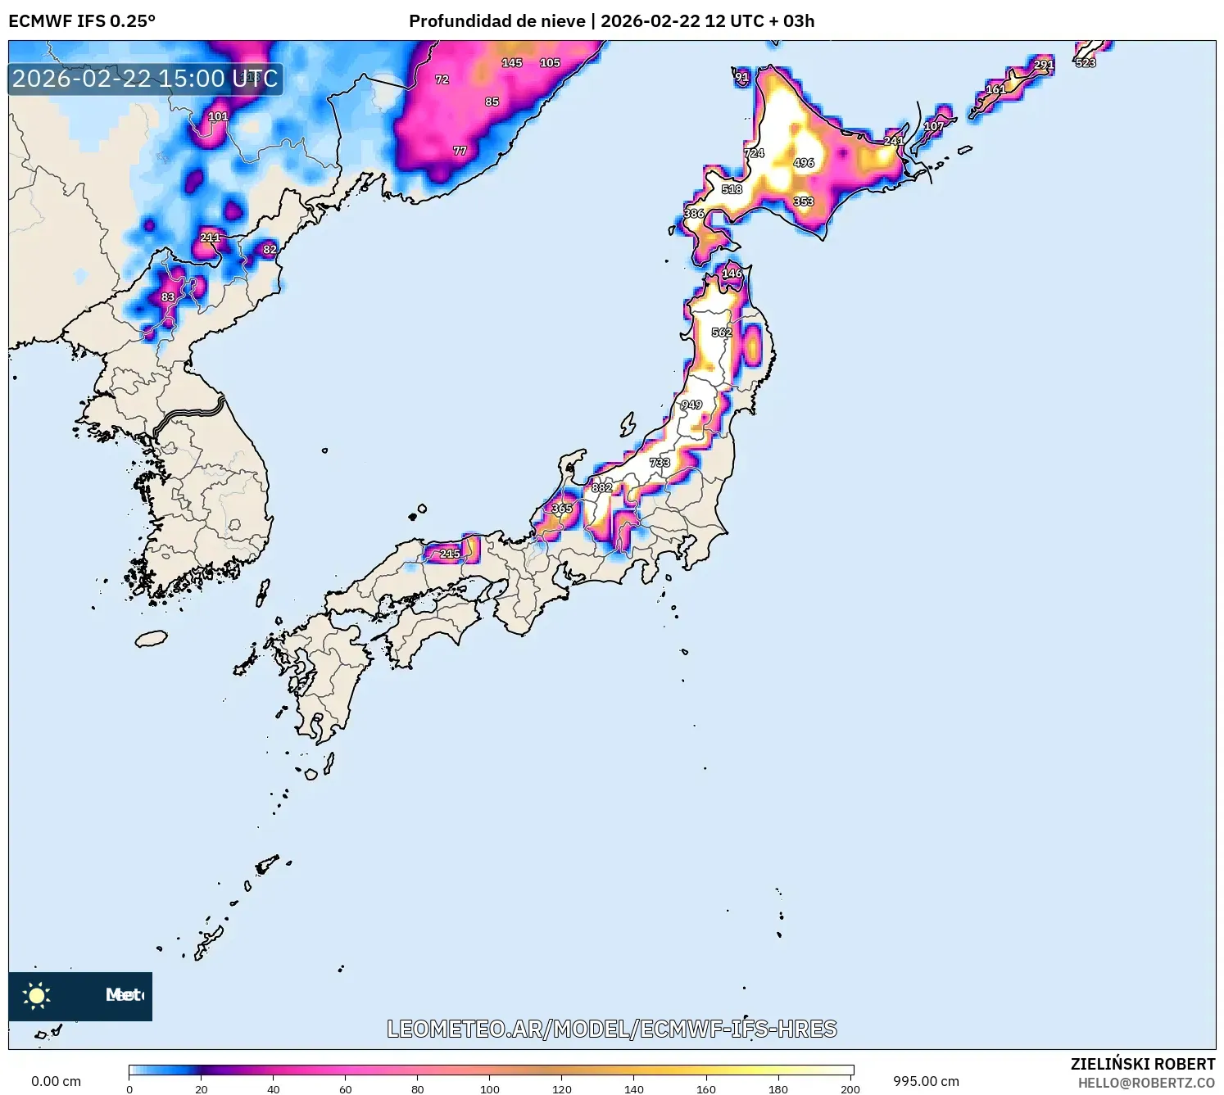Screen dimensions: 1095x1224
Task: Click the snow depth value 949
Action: click(x=691, y=405)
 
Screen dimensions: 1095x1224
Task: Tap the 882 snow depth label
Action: click(x=602, y=487)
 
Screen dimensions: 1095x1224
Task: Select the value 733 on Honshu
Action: click(x=660, y=463)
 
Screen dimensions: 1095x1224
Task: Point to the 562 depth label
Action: click(x=722, y=333)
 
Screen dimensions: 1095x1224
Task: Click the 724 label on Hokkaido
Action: click(x=754, y=153)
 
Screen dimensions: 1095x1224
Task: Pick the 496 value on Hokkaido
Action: click(x=804, y=163)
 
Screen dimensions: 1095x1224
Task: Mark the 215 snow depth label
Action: click(x=450, y=554)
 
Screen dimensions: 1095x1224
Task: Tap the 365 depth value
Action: click(x=562, y=509)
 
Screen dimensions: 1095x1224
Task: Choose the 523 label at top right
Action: click(x=1086, y=63)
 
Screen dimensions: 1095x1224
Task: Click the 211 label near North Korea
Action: click(x=211, y=238)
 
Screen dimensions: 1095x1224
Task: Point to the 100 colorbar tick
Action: click(x=490, y=1089)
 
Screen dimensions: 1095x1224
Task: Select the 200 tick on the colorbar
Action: click(x=850, y=1089)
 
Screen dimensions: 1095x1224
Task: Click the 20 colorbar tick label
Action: click(x=202, y=1089)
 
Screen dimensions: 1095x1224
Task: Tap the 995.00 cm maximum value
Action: click(x=926, y=1081)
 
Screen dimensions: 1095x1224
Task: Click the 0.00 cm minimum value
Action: click(x=56, y=1081)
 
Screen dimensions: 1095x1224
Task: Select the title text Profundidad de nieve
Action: click(x=497, y=21)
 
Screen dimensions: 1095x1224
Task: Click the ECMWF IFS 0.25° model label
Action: click(x=82, y=21)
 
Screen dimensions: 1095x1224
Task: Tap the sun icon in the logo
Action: click(x=37, y=995)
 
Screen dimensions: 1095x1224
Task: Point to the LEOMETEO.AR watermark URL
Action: click(x=612, y=1029)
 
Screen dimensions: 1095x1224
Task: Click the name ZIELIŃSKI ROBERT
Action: click(x=1143, y=1064)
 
